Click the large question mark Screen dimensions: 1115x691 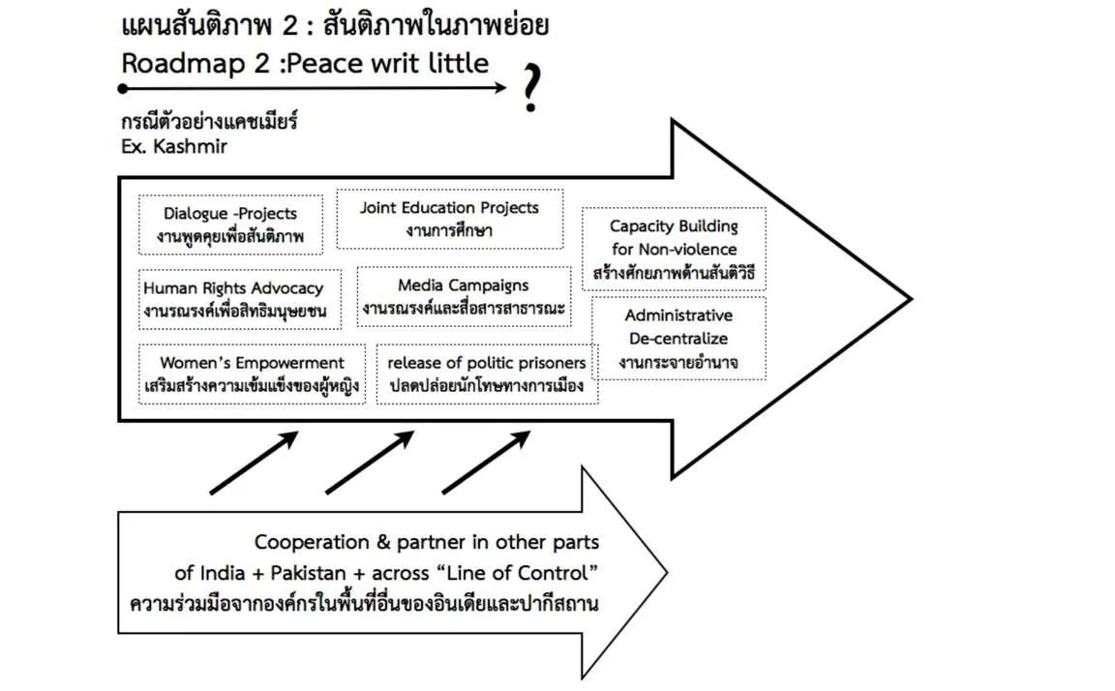532,88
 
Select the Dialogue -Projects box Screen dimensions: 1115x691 230,225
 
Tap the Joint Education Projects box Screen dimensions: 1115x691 449,219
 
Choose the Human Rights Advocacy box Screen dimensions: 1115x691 240,299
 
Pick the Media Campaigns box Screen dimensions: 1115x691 464,296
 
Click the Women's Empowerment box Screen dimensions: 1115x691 252,374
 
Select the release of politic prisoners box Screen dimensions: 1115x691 487,374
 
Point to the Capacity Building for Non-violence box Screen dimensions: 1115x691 674,249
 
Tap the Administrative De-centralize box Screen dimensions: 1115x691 678,339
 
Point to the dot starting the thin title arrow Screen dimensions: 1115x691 123,89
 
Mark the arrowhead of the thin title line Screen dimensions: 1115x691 500,88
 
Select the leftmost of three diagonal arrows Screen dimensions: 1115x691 254,462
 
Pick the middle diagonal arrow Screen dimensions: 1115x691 370,462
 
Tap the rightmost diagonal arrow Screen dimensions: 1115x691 487,462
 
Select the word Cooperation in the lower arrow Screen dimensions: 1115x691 312,543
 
